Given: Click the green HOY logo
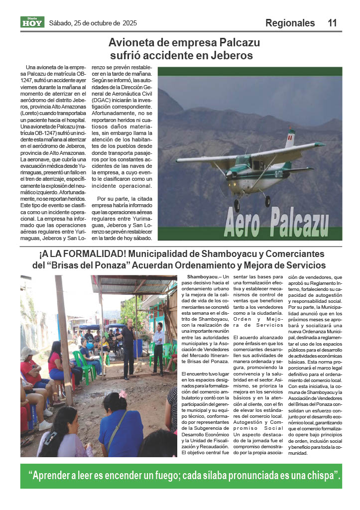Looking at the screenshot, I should [x=32, y=22].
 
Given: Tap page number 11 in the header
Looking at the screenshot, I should [x=333, y=23].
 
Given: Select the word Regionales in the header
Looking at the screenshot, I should [x=290, y=23].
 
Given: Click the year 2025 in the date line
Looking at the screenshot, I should [x=129, y=23].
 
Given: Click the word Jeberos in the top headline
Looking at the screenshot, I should [x=231, y=55].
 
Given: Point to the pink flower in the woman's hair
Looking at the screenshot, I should [x=122, y=394].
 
